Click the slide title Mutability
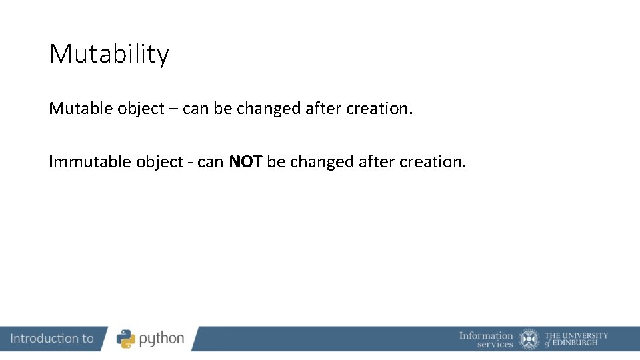[x=109, y=54]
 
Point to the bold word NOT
[x=246, y=161]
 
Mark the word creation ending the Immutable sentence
[x=433, y=161]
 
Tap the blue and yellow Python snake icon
[x=126, y=339]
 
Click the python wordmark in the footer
[x=161, y=339]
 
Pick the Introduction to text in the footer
[x=52, y=339]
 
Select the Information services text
[x=486, y=339]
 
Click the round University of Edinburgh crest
[x=530, y=339]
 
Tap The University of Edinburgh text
[x=576, y=339]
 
